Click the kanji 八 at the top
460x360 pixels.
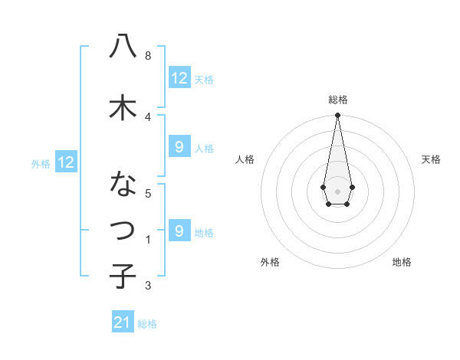pos(123,47)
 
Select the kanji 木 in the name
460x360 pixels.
pos(123,107)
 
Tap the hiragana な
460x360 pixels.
pos(123,185)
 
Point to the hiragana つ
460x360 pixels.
pos(123,229)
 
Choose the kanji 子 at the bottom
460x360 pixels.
pos(123,275)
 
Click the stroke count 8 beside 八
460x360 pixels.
pos(147,56)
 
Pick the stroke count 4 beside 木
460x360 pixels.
pos(147,116)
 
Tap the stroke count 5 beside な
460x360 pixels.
pos(147,193)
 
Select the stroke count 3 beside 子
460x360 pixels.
pos(147,286)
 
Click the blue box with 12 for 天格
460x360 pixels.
pos(179,77)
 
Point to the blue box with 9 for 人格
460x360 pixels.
pos(179,147)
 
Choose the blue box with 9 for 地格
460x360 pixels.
pos(179,231)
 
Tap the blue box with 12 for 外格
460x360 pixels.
pos(66,162)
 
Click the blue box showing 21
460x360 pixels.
pos(123,322)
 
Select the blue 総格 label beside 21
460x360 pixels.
pos(147,324)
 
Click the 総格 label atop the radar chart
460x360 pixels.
pos(337,100)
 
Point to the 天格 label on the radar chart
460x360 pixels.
pos(431,159)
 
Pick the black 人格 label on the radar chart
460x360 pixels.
pos(245,159)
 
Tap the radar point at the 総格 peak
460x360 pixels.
pos(337,116)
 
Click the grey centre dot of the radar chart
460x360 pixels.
pos(337,190)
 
